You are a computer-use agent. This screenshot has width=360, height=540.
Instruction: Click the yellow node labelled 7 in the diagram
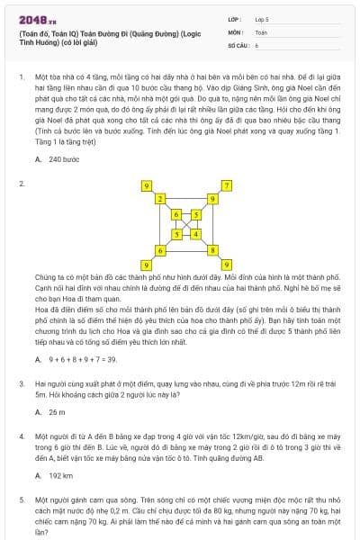[x=227, y=185]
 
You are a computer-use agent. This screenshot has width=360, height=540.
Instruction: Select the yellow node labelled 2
[x=160, y=197]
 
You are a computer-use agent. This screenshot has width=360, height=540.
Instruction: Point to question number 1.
[x=21, y=78]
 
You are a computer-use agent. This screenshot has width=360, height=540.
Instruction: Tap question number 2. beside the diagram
[x=21, y=184]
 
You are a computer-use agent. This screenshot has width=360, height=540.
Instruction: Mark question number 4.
[x=21, y=436]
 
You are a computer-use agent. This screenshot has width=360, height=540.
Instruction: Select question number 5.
[x=21, y=498]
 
